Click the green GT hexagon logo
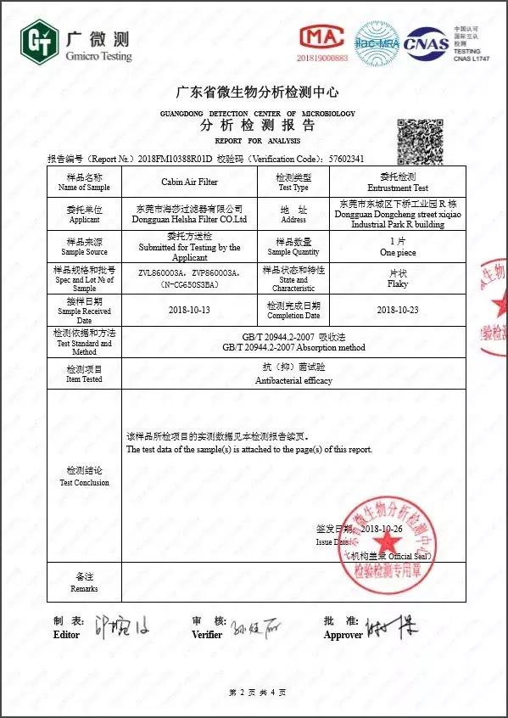point(37,42)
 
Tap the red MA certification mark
point(322,37)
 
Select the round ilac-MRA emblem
point(377,42)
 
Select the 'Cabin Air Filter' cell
point(189,182)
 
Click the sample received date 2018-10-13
point(189,310)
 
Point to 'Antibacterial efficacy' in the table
point(293,380)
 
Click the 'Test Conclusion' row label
point(84,482)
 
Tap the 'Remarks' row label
point(84,588)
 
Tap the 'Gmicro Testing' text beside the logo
point(98,56)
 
